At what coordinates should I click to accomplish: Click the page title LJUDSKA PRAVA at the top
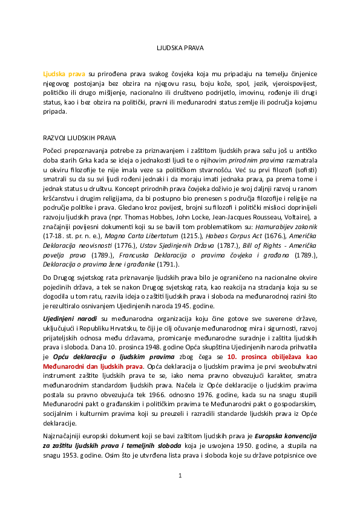(180, 47)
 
